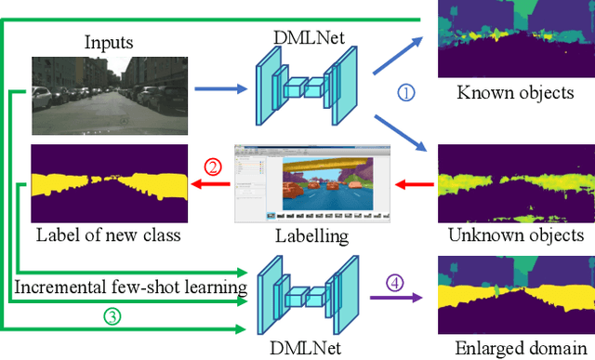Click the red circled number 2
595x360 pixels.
[x=213, y=167]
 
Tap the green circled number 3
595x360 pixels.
[x=112, y=316]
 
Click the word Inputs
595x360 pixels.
[x=109, y=42]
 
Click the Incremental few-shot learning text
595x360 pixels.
[x=130, y=287]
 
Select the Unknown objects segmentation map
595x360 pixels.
[x=514, y=181]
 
